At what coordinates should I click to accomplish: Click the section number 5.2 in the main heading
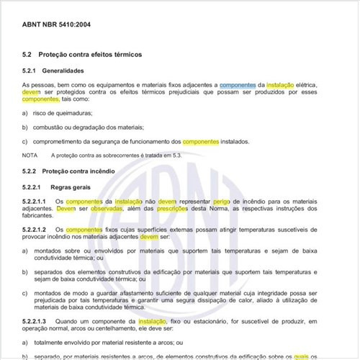tap(28, 55)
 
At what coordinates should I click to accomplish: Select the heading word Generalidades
tap(63, 71)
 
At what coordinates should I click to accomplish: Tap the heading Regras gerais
tap(68, 186)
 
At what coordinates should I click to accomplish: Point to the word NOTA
tap(30, 155)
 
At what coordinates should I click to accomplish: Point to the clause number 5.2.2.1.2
tap(35, 229)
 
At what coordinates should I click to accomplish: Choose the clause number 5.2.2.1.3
tap(35, 320)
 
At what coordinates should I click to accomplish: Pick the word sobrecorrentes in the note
tap(117, 155)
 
